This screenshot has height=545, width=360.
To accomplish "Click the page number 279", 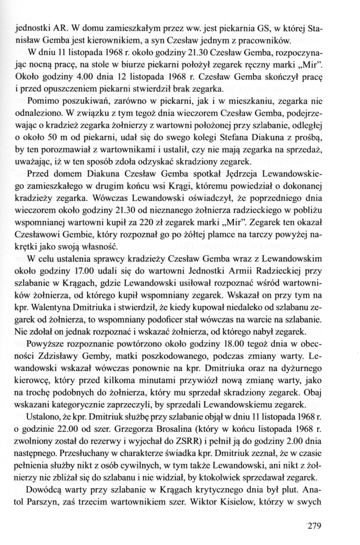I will [314, 526].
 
